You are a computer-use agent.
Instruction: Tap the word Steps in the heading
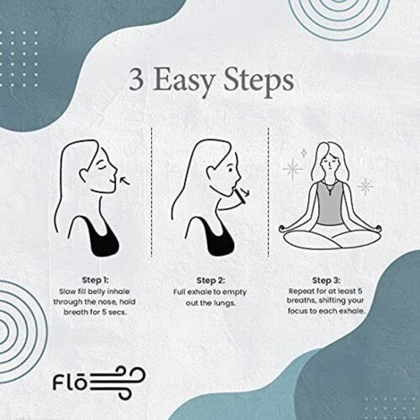tap(258, 82)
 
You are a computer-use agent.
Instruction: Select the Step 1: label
tap(94, 280)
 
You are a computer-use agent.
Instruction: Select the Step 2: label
tap(210, 280)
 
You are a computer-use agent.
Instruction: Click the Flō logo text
tap(70, 381)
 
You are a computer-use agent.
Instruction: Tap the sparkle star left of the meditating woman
tap(293, 170)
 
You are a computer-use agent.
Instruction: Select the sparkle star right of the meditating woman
tap(366, 186)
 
